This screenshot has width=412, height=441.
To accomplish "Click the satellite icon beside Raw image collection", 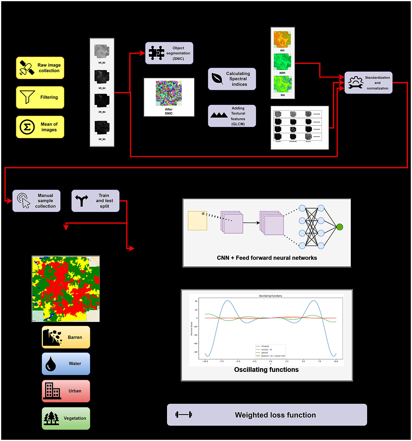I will pos(27,68).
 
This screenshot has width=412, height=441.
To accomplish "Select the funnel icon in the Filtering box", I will pos(27,97).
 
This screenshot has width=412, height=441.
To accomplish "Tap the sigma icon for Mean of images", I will pos(27,127).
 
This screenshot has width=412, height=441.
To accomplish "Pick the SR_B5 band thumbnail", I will pos(102,128).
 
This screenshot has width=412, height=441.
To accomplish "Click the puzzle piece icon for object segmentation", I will pos(156,53).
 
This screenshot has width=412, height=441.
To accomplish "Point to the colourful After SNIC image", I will pos(169,93).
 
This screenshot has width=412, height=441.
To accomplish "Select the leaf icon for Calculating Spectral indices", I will pos(217,79).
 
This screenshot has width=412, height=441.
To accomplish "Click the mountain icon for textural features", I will pos(219,115).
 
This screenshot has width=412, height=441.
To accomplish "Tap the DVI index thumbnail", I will pos(282,39).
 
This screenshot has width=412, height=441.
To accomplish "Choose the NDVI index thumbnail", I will pos(282,62).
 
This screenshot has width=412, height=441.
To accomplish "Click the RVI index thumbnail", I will pos(283,84).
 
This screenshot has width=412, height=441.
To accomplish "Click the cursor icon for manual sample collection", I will pos(24,201).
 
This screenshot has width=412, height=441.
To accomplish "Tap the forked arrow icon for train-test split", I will pos(82,201).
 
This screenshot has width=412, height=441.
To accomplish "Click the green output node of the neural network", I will pos(340,227).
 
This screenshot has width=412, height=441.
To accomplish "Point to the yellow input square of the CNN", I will pos(197,221).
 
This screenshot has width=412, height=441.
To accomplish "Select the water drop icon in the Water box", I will pos(51,364).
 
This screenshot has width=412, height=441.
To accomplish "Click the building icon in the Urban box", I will pos(52,391).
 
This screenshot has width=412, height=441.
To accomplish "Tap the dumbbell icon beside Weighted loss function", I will pos(184,415).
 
